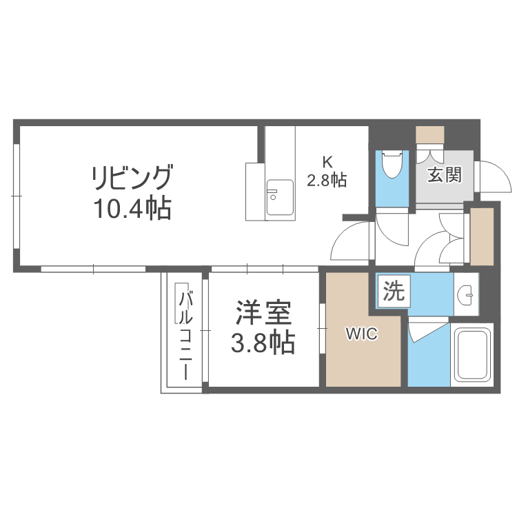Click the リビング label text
click(x=132, y=179)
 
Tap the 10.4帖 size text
click(x=132, y=208)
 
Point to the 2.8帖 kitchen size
click(x=327, y=180)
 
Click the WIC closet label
click(x=361, y=334)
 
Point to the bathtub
click(x=471, y=354)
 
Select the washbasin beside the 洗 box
click(x=467, y=296)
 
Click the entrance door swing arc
click(x=498, y=176)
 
